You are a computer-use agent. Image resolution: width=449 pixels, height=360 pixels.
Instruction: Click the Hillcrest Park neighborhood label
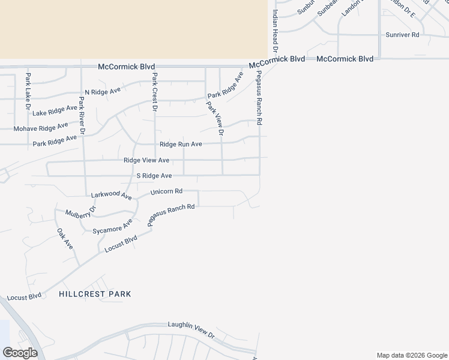[95, 294]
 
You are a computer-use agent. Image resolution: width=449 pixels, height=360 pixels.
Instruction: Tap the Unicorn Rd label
[166, 191]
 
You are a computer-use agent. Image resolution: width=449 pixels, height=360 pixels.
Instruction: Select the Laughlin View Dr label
[191, 329]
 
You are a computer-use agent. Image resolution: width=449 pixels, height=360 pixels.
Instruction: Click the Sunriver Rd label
[402, 35]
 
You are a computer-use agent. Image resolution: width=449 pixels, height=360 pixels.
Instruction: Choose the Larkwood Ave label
[111, 196]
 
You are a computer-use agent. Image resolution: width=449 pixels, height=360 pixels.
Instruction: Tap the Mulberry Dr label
[81, 213]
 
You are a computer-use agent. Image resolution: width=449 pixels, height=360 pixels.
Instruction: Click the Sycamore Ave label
[112, 226]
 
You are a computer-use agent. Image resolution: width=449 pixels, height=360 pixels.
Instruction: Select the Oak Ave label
[65, 239]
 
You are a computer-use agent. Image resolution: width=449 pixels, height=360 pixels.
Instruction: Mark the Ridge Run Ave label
[181, 144]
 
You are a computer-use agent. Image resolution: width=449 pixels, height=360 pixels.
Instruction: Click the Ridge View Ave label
[146, 160]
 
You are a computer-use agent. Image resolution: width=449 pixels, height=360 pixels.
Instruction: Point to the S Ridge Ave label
[154, 176]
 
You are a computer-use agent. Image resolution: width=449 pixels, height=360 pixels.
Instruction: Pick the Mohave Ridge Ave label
[41, 128]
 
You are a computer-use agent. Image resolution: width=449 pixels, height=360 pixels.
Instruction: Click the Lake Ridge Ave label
[55, 110]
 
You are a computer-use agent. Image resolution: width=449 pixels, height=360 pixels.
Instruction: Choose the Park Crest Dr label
[154, 92]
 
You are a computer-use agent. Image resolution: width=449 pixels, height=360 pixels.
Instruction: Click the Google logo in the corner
[20, 353]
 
